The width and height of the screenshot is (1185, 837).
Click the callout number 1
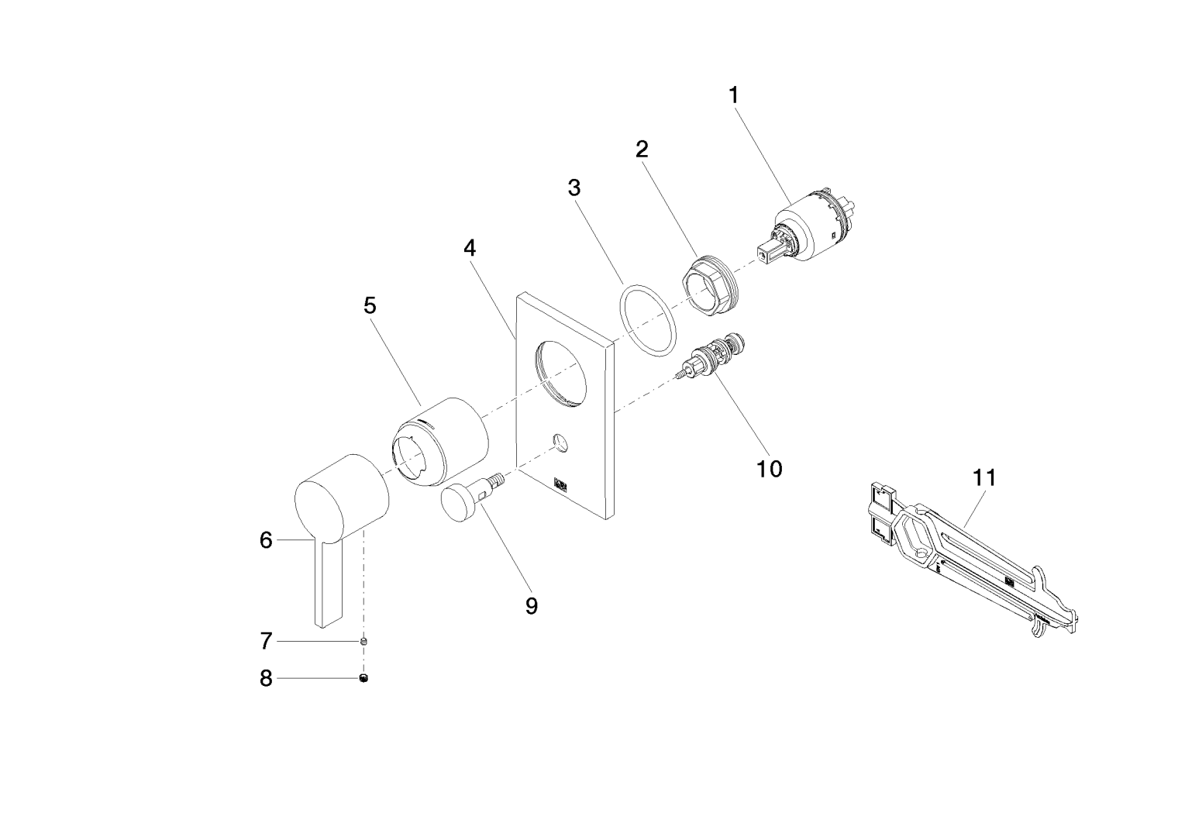tap(733, 95)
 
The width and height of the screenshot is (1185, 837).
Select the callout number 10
tap(770, 468)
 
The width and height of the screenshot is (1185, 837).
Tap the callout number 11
tap(983, 477)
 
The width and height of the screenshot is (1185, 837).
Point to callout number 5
tap(370, 305)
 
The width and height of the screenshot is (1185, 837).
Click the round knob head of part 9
tap(460, 501)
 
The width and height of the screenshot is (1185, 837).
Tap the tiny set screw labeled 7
tap(363, 642)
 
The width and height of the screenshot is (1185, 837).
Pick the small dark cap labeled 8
tap(363, 679)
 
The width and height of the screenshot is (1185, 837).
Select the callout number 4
tap(470, 248)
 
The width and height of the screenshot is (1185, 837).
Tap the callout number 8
tap(266, 679)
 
